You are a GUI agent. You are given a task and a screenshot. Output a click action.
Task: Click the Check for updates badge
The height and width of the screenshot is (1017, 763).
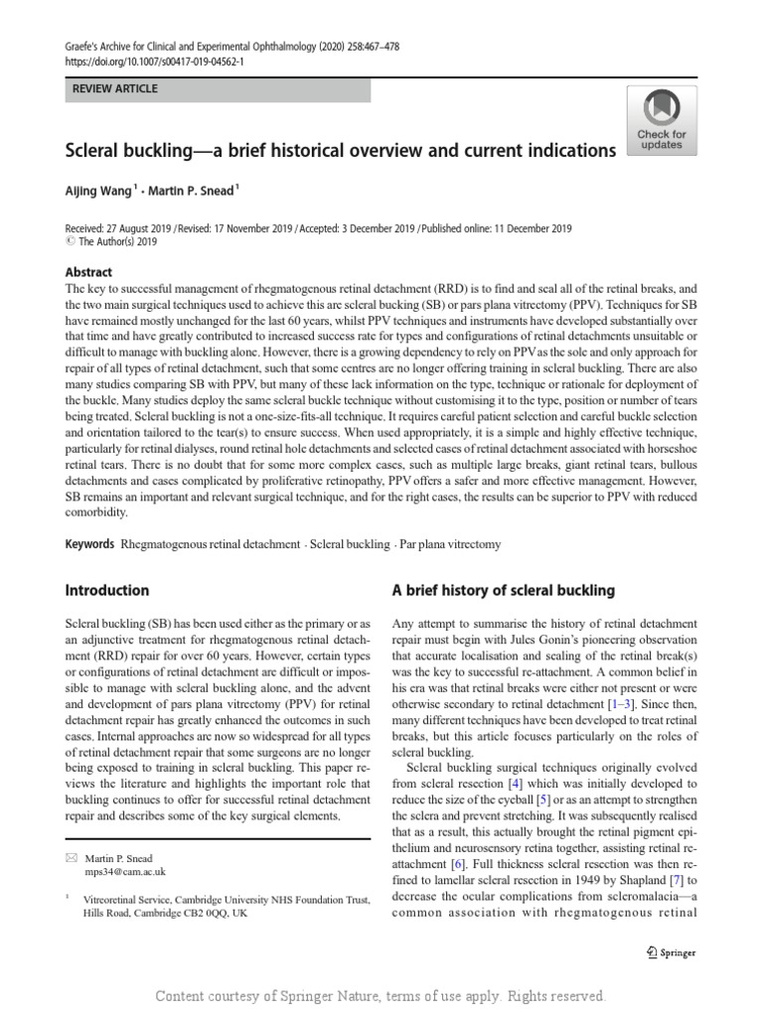[x=661, y=119]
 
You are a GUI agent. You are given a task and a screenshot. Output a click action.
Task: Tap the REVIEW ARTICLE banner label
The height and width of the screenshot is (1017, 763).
[x=116, y=89]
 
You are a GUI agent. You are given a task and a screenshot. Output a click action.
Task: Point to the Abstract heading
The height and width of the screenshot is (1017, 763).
[x=88, y=272]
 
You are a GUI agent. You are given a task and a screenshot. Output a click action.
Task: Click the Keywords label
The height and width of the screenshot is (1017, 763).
[x=88, y=544]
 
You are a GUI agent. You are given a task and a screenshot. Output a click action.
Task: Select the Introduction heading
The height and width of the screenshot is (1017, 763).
[x=107, y=590]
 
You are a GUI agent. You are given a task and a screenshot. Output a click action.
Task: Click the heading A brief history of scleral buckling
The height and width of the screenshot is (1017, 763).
[x=504, y=590]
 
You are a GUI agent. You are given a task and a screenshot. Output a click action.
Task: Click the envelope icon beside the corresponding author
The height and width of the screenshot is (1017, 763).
[x=71, y=856]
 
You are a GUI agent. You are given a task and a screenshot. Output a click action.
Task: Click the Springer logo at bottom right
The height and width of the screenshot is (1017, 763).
[x=671, y=952]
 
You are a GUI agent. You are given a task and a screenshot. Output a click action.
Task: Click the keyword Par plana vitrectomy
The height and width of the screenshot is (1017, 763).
[x=450, y=544]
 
